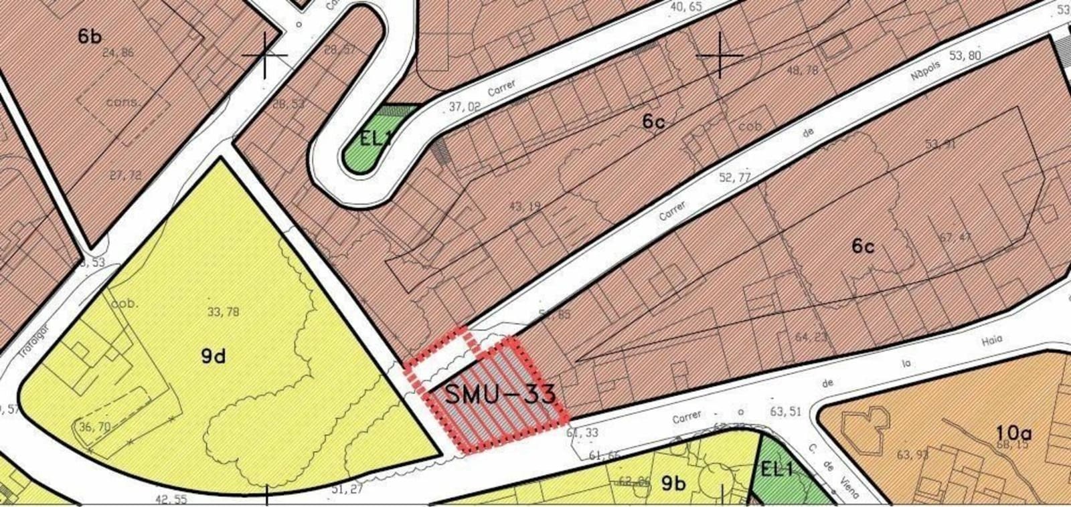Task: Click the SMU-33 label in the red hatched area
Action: pos(500,394)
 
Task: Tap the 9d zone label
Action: pos(214,356)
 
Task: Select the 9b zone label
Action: pos(673,483)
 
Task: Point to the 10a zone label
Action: pos(1013,433)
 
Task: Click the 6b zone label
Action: pos(90,36)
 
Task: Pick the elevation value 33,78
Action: pos(224,312)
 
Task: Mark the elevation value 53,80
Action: pos(965,56)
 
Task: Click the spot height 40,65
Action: pos(685,7)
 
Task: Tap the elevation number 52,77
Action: pos(734,178)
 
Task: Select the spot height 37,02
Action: pos(465,106)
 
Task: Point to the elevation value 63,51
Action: pos(785,411)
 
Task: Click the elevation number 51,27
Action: pos(347,489)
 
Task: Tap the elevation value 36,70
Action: pos(94,427)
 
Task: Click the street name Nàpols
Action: pos(926,71)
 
